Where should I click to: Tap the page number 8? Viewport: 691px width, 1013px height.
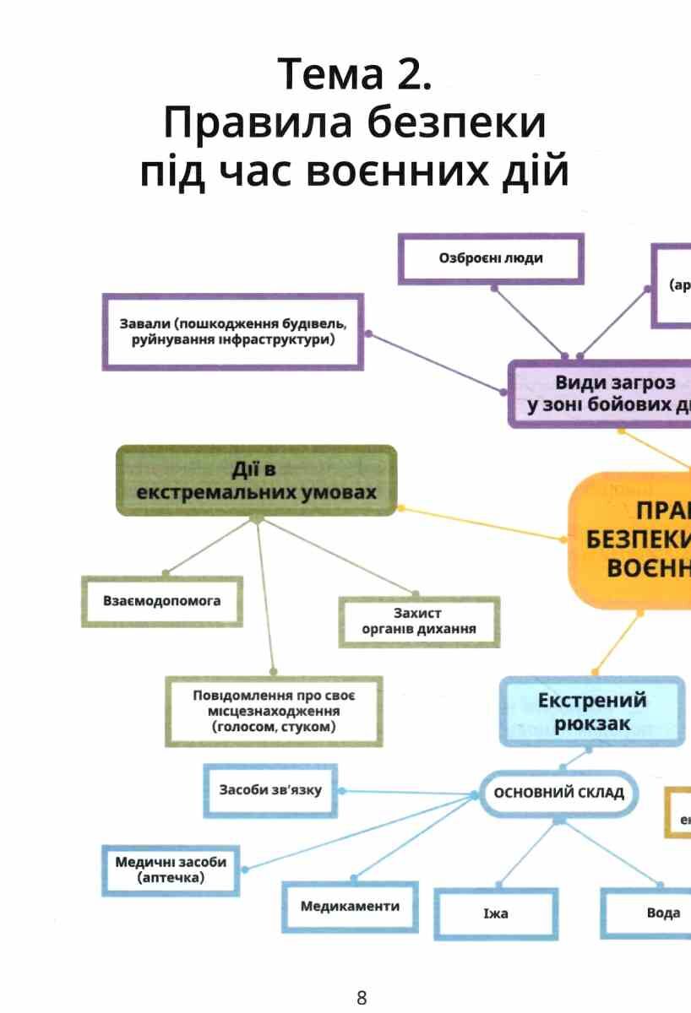362,997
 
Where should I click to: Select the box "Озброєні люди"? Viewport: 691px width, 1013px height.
491,259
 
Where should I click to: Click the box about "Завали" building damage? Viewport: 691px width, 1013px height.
232,332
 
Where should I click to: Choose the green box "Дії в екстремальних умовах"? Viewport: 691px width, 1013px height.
256,480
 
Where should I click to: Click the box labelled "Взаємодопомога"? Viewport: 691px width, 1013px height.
161,601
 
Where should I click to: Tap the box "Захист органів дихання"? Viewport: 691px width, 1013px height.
418,621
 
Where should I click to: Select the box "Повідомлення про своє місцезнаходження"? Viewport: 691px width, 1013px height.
273,711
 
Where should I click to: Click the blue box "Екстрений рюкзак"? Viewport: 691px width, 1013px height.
591,711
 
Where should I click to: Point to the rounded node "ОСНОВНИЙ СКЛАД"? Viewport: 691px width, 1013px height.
558,793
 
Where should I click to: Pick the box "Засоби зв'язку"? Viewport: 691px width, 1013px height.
270,790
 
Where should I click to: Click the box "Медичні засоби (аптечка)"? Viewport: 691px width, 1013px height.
171,869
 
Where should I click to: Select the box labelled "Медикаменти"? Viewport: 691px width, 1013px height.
350,907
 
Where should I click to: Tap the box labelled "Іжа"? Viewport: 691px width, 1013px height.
496,913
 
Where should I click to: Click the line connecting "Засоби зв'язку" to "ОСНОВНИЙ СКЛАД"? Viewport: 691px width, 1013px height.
405,793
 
